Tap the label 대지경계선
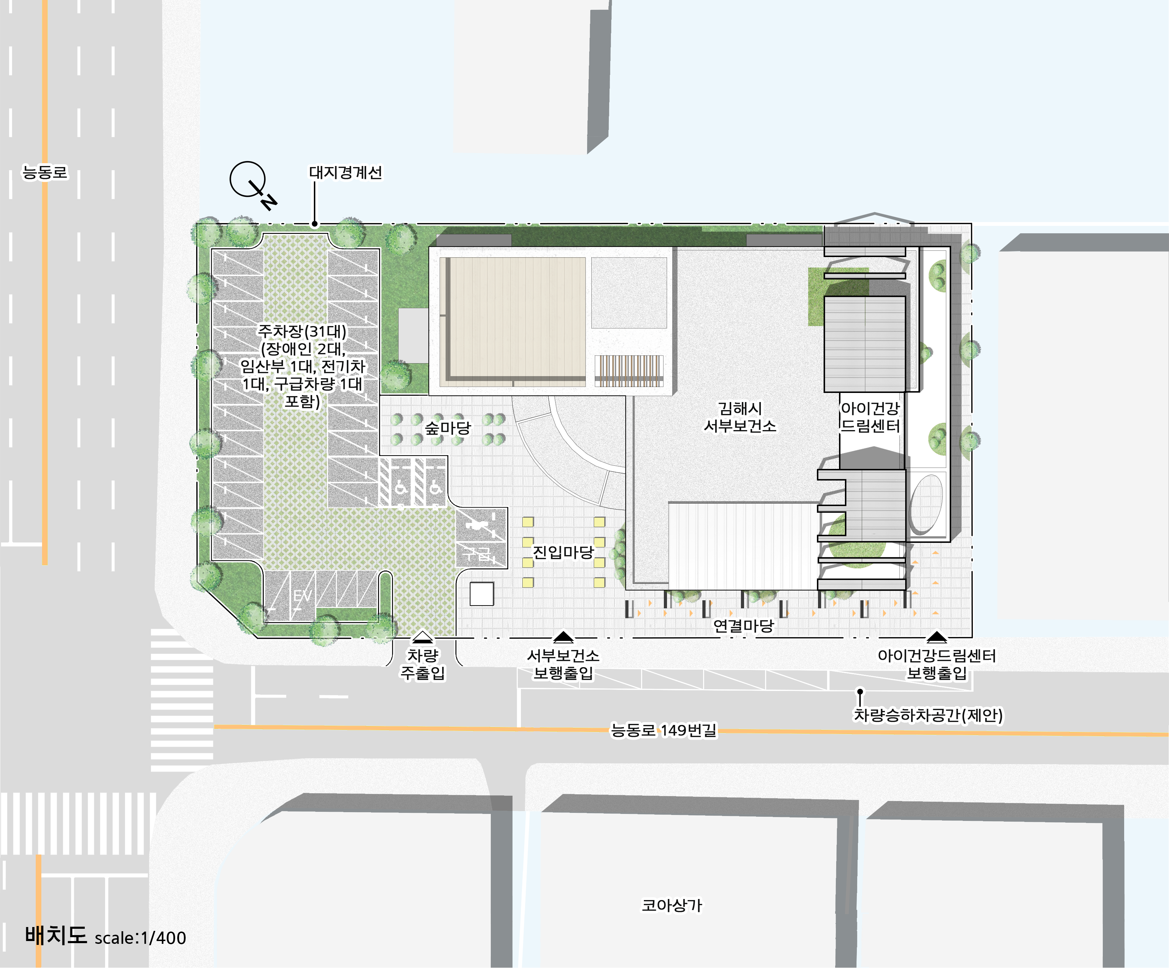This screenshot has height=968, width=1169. tap(346, 173)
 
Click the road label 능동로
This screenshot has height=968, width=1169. tap(44, 172)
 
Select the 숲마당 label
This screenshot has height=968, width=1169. tap(448, 428)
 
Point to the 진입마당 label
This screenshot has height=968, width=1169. tap(563, 552)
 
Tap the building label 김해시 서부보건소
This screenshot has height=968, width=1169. tap(740, 417)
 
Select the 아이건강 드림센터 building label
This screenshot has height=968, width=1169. tap(870, 417)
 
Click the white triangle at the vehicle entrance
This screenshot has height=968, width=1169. tap(423, 637)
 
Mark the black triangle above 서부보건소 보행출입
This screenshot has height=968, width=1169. tap(563, 637)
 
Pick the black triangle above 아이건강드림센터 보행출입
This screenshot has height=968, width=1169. tap(937, 637)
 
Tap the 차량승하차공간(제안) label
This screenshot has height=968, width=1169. tap(929, 715)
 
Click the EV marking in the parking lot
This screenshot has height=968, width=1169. tap(302, 596)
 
